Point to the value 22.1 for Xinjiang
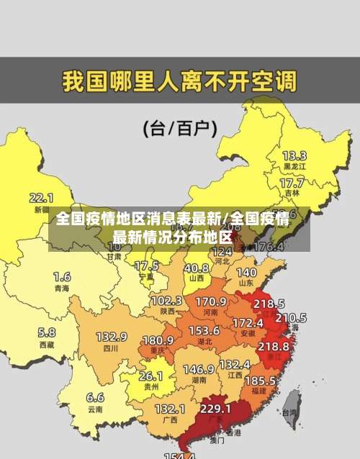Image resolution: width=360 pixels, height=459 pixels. coord(41,197)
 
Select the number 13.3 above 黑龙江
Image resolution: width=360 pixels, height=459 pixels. coord(294,155)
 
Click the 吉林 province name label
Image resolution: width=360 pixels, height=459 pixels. coord(292,193)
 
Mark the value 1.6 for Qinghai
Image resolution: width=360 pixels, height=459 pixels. coord(62,276)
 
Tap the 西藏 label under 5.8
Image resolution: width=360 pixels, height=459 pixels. coord(47,345)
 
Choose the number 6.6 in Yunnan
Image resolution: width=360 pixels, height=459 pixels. coord(95,397)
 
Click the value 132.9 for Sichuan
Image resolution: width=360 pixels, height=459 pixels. coord(112,337)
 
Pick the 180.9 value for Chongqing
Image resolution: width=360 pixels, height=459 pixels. coord(158,340)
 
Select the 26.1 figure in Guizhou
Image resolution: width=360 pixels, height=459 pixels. coord(150,376)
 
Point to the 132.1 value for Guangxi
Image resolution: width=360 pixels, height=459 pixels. coord(170,408)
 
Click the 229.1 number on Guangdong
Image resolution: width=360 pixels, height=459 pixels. coord(215,408)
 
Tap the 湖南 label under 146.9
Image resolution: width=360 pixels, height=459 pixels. coord(198,381)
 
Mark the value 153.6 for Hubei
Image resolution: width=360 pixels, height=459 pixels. coord(204,330)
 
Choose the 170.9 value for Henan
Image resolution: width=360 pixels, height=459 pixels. coord(211,301)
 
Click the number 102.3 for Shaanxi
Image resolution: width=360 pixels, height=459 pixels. coord(166,300)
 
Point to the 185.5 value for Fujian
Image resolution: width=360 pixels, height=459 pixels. coord(260,380)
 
